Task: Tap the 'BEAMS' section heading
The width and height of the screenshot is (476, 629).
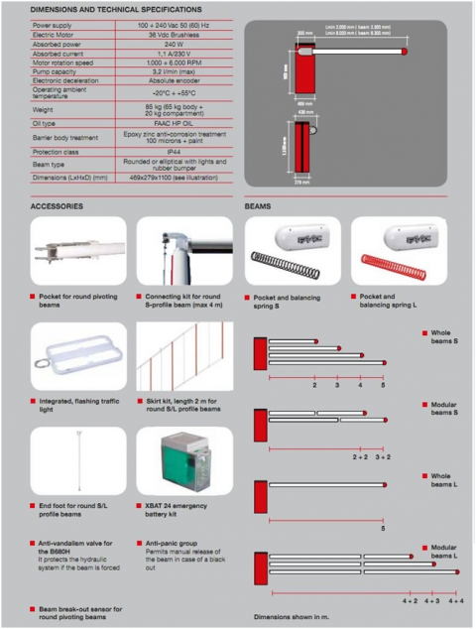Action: coord(258,206)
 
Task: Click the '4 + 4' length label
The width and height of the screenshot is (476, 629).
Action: coord(454,601)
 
